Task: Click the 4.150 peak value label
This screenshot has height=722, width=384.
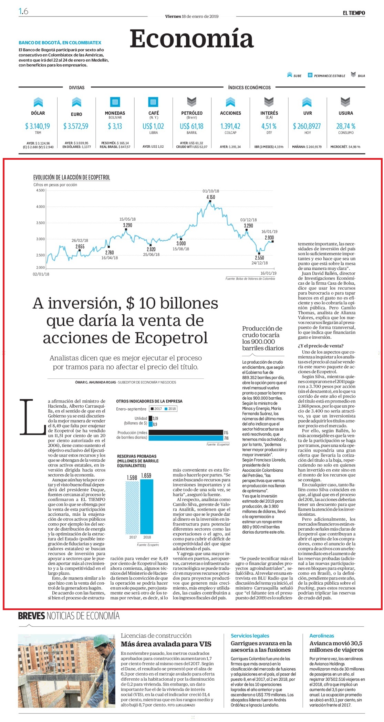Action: (x=210, y=197)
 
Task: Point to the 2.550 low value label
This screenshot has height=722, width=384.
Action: (x=259, y=258)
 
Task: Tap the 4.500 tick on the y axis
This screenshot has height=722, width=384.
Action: (x=40, y=190)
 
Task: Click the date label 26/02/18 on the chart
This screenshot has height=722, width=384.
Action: (x=80, y=241)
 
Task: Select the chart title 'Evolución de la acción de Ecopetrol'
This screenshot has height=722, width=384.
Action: (x=72, y=177)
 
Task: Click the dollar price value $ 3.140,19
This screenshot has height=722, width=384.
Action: (x=38, y=126)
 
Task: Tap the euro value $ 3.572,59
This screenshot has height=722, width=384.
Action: (x=76, y=126)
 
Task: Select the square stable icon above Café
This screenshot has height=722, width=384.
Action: (x=153, y=102)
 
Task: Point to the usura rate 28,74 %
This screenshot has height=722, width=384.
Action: (x=346, y=126)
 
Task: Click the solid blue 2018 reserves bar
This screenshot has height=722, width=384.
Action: (x=147, y=506)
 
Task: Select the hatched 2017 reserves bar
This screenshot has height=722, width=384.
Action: (x=133, y=508)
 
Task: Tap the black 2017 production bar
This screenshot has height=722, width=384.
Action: (x=186, y=432)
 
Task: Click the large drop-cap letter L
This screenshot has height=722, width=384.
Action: (x=32, y=417)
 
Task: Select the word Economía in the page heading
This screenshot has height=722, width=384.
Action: (x=191, y=39)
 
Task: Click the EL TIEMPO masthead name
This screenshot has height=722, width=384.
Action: (x=354, y=13)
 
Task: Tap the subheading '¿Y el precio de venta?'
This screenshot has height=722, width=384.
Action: (x=321, y=346)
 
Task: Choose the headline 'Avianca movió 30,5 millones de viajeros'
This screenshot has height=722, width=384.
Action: (x=336, y=646)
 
